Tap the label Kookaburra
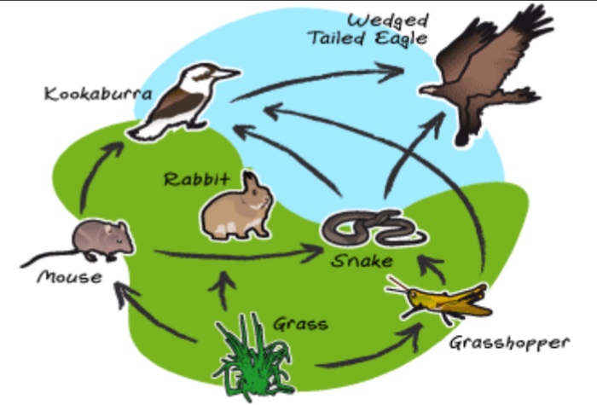(98, 94)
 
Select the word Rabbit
(197, 179)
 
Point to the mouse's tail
(49, 257)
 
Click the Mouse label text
(70, 277)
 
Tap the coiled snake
(374, 229)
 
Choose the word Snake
(362, 261)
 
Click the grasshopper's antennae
(397, 286)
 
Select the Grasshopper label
(509, 344)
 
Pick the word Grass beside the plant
(300, 324)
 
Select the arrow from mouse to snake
(239, 255)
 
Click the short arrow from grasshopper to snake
(432, 269)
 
